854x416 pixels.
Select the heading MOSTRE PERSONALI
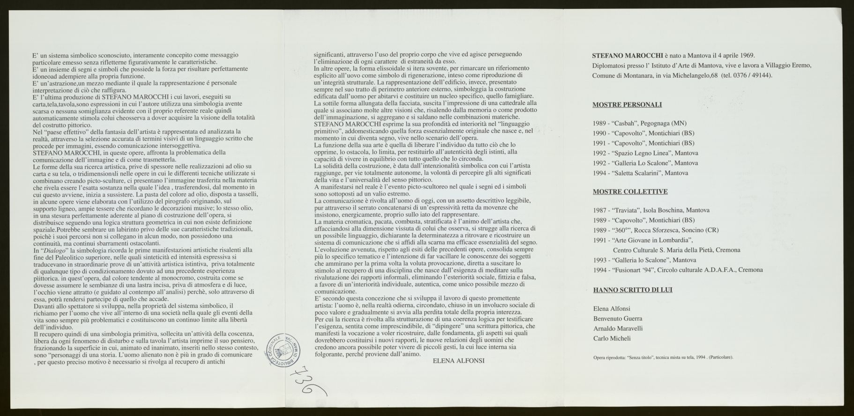coord(627,105)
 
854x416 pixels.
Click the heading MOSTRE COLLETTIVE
coord(630,191)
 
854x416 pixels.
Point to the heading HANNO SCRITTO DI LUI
coord(632,290)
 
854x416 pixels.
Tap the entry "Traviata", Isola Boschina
coord(651,210)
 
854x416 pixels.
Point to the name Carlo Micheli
coord(612,338)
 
